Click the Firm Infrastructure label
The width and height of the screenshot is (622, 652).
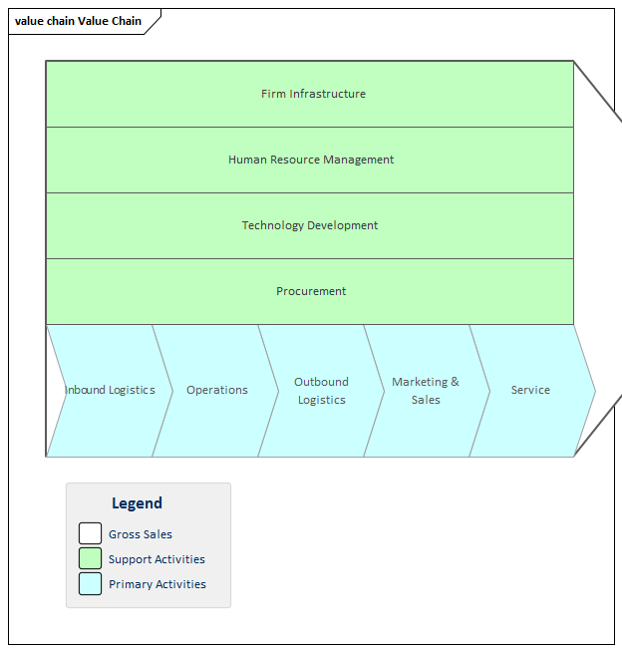pos(313,94)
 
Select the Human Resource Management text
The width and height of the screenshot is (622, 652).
pos(311,160)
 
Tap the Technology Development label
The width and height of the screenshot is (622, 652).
pos(310,225)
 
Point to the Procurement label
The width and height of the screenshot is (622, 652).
pos(311,291)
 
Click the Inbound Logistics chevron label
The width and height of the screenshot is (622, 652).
pos(110,390)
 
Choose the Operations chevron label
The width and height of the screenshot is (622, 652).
pos(217,390)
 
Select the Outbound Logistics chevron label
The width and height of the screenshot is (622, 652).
pos(321,391)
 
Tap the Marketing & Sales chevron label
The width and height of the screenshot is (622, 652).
pos(426,391)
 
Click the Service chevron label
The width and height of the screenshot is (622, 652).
pos(530,390)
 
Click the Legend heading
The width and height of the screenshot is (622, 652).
pos(137,503)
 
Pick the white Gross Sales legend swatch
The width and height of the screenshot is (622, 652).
pos(91,533)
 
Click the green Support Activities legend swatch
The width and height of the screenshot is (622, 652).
pos(91,558)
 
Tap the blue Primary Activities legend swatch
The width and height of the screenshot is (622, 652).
pos(91,584)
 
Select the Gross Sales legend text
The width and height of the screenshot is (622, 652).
pos(141,534)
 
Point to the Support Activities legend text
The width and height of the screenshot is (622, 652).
pos(156,559)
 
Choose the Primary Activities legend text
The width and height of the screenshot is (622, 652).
pos(157,584)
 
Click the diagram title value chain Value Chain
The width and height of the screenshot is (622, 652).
pos(78,21)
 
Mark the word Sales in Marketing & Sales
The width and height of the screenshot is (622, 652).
pos(426,400)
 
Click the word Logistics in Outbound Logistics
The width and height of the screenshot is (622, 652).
pos(321,400)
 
